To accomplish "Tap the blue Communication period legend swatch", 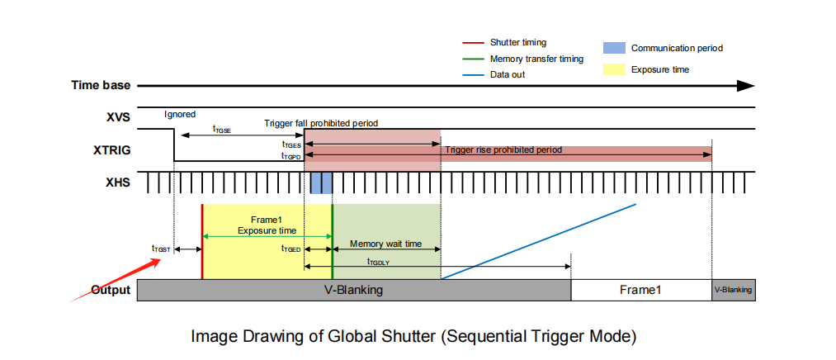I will tap(614, 48).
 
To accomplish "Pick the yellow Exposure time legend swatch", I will tap(614, 69).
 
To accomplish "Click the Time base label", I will tap(101, 86).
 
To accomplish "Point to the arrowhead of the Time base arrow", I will tap(746, 86).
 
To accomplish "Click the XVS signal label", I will tap(118, 117).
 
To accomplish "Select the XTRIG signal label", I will tap(111, 150).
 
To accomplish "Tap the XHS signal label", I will tap(118, 182).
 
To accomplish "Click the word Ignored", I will tap(180, 115).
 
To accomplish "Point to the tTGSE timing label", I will tap(222, 129).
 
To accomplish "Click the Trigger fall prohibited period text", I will tap(321, 123).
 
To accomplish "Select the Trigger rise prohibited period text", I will tap(503, 150).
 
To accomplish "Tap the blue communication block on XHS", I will tap(321, 182).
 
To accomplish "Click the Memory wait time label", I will tap(385, 244).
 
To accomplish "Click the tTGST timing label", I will tap(161, 248).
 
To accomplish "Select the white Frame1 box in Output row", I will tap(641, 290).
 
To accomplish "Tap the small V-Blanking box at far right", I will tap(734, 290).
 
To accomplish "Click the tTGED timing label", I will tap(290, 248).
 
